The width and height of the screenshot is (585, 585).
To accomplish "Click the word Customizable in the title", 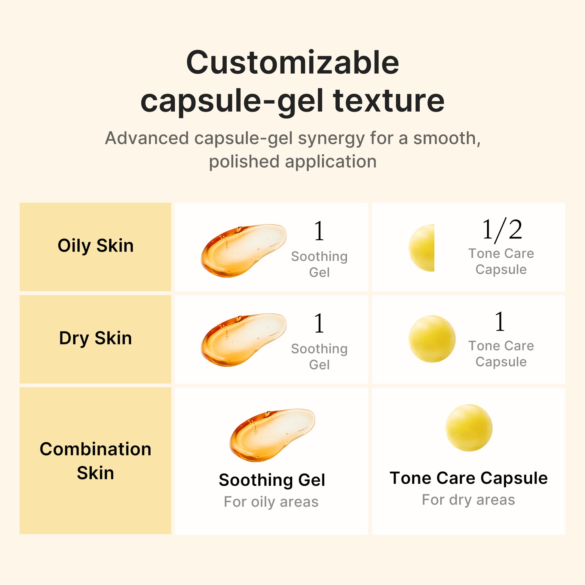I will [292, 63].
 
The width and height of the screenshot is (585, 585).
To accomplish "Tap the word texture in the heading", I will [388, 100].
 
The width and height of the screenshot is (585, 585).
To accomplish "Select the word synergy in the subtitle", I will [331, 138].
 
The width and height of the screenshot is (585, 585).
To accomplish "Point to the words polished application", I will [292, 161].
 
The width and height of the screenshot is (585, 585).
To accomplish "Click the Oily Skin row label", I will [95, 246].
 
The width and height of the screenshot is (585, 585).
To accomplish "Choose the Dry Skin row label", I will [95, 338].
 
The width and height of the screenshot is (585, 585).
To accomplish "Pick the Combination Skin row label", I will [95, 461].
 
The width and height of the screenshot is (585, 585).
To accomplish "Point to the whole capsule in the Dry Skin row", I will [432, 339].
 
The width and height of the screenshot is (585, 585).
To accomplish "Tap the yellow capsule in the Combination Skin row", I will [469, 428].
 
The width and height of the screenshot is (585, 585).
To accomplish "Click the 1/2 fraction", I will [502, 230].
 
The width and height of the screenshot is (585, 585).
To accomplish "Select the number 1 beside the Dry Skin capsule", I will [500, 322].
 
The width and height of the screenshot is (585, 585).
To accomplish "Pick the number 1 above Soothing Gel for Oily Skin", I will [319, 231].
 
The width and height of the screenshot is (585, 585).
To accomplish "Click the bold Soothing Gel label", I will [272, 480].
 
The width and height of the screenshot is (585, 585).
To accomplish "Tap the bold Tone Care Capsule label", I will [468, 478].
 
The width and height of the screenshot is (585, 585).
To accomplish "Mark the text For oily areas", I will [271, 502].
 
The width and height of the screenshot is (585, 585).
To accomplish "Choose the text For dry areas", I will [468, 500].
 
